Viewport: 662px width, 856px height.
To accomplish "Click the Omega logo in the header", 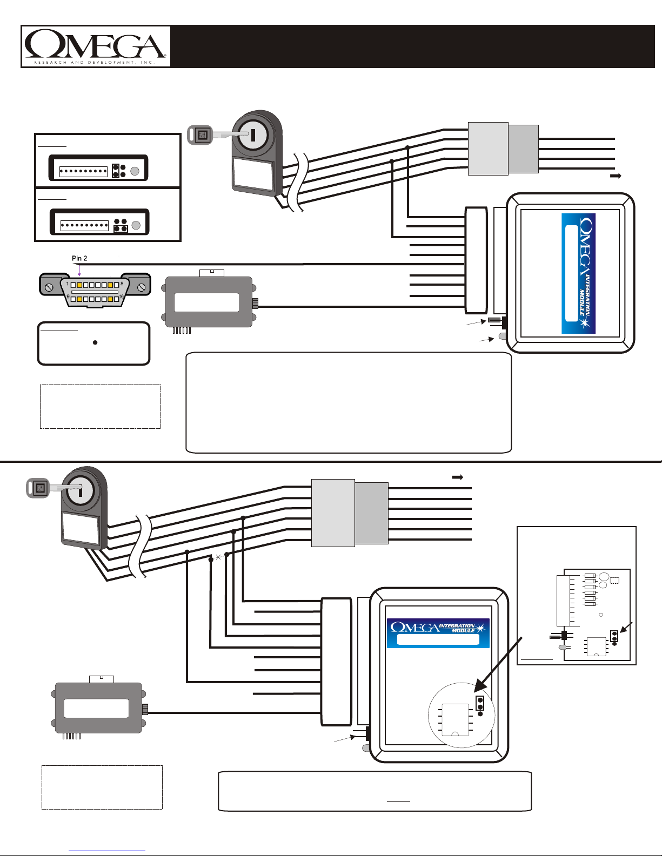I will (x=95, y=46).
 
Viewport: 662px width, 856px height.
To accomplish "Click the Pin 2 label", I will (x=80, y=258).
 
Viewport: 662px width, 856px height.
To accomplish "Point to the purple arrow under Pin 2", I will (x=79, y=268).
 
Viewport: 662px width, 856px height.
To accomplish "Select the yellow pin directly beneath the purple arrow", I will (x=79, y=284).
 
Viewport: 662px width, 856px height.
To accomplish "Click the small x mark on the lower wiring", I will (x=218, y=557).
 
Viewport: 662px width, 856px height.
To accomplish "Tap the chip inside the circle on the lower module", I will (x=455, y=719).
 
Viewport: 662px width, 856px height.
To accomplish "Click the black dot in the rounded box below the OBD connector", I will (x=95, y=342).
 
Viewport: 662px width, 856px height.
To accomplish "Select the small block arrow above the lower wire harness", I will (x=457, y=477).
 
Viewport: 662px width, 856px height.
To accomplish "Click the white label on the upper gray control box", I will (x=207, y=302).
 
